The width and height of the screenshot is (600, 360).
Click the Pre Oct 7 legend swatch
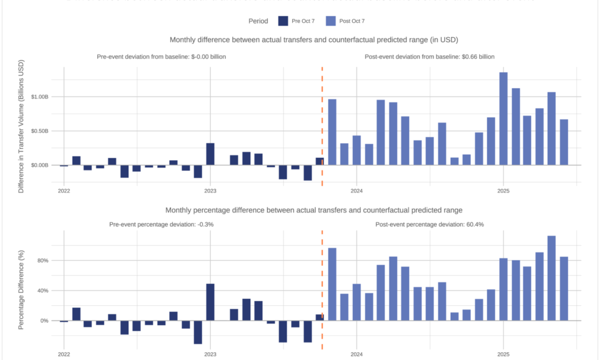283,21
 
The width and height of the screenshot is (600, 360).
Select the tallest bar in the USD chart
503,118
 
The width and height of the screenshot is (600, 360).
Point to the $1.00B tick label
45,97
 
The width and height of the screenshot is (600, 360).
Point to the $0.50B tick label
45,131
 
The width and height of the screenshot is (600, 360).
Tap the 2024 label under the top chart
356,191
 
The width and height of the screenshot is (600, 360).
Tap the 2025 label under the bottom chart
503,355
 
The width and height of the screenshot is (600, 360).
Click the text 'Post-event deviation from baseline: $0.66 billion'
430,57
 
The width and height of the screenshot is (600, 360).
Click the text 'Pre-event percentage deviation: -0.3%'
161,224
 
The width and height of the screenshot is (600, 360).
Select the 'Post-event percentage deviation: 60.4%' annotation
430,224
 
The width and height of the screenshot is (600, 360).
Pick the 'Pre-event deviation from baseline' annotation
161,57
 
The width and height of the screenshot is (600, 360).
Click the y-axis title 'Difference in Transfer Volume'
21,125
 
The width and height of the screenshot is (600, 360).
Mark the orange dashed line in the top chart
322,120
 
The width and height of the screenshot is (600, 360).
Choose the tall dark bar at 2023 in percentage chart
210,302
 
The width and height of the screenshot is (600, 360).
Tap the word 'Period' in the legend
259,21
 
